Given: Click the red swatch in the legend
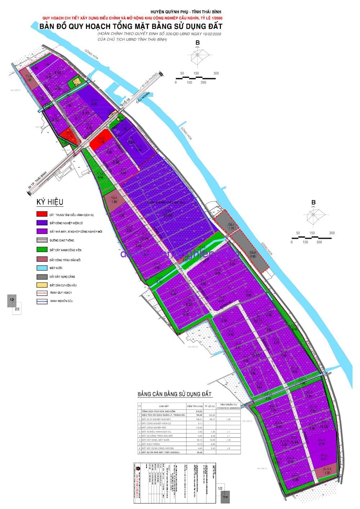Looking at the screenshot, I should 42,214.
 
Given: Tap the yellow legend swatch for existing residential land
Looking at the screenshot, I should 42,285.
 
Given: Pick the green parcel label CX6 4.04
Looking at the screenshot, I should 100,175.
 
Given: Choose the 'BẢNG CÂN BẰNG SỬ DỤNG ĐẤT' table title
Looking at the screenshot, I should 175,395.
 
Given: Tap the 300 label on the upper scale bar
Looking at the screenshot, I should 216,73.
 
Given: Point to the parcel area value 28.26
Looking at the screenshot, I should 168,215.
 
